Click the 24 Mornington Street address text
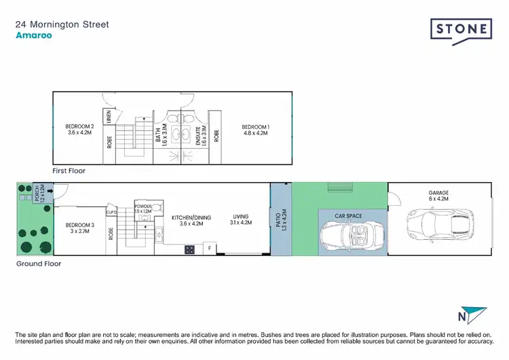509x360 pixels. [x=62, y=25]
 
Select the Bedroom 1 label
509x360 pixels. [x=256, y=130]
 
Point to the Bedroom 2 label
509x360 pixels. [x=79, y=130]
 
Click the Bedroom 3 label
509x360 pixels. [x=79, y=228]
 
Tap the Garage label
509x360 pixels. [x=438, y=196]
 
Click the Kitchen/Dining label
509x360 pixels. [x=192, y=219]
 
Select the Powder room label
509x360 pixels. [x=143, y=209]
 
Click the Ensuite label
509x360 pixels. [x=198, y=137]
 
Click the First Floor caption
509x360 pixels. [x=69, y=171]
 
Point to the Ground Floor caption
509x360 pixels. [x=39, y=263]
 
